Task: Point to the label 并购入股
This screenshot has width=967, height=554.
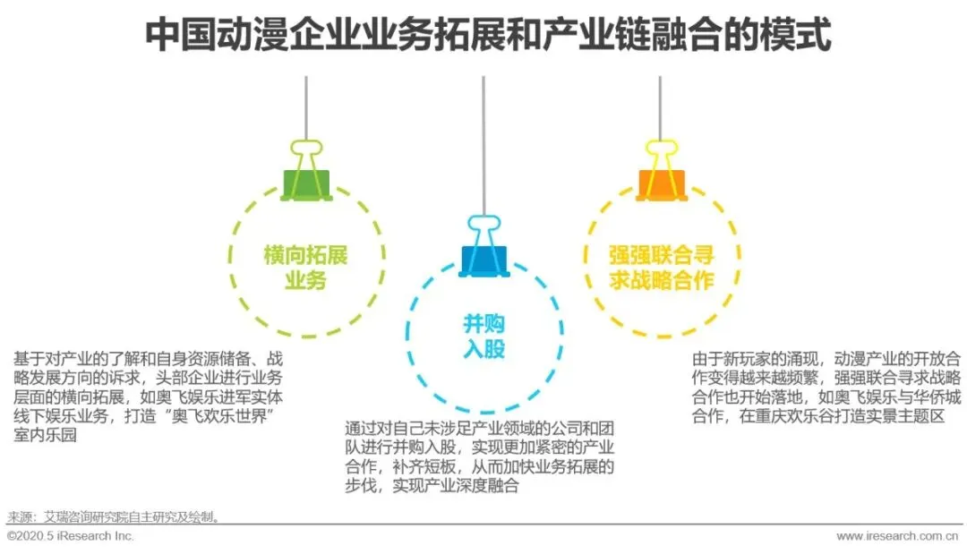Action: coord(483,337)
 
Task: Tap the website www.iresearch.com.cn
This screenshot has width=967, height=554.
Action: coord(901,536)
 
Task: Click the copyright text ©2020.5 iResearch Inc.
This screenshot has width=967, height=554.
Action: coord(71,536)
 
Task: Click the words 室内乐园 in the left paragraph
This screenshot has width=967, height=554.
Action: coord(45,437)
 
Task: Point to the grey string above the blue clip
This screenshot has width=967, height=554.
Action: coord(483,143)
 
